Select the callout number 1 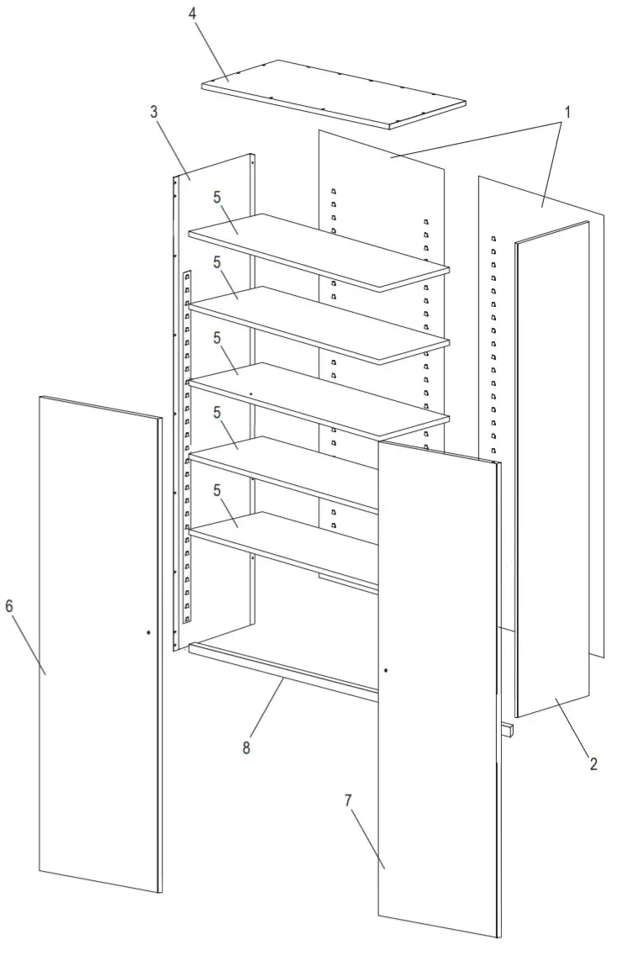[x=567, y=112]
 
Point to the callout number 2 [x=593, y=764]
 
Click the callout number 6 [x=9, y=607]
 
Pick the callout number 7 [x=348, y=800]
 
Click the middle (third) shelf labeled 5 [x=319, y=399]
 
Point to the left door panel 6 [x=97, y=647]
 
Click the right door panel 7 [x=437, y=689]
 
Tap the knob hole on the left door [x=148, y=632]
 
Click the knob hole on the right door [x=386, y=670]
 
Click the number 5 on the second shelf [x=217, y=262]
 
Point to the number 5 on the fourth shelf [x=217, y=412]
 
